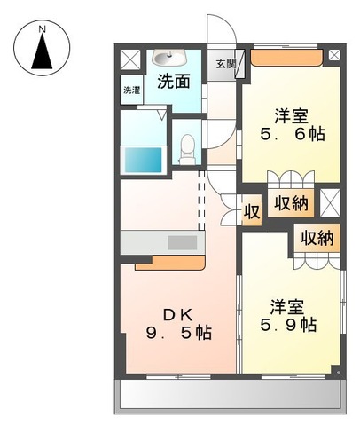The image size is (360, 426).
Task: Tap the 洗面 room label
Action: pyautogui.click(x=174, y=83)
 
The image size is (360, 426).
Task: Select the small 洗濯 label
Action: pyautogui.click(x=131, y=90)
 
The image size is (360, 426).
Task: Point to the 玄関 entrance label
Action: pyautogui.click(x=226, y=64)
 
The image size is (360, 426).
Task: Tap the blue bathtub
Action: pyautogui.click(x=142, y=162)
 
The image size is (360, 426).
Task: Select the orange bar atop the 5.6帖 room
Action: pyautogui.click(x=286, y=59)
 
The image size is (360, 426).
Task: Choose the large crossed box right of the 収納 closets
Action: pyautogui.click(x=329, y=203)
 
